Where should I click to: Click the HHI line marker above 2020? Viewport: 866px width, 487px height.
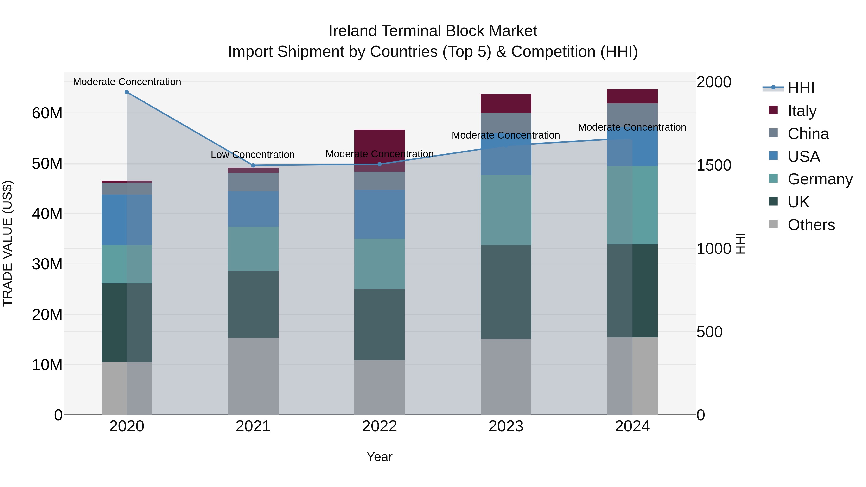point(127,92)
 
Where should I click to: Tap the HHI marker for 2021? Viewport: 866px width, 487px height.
point(253,165)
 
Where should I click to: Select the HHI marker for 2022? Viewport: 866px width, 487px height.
point(380,164)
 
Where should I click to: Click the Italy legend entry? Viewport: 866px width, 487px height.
point(802,111)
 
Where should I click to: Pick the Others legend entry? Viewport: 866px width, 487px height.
point(811,225)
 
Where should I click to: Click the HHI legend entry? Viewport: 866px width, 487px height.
point(801,88)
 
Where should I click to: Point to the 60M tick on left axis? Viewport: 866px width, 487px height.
point(47,113)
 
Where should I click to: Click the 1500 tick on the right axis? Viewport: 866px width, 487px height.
point(714,165)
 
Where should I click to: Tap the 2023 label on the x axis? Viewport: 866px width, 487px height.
point(506,426)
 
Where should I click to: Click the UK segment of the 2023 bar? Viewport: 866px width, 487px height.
point(506,292)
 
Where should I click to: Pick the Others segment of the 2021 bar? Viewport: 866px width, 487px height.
point(253,376)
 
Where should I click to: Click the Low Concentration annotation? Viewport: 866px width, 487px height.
point(253,155)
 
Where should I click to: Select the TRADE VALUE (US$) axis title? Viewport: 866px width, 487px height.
point(7,243)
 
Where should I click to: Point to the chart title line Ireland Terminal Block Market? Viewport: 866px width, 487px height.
point(433,31)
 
